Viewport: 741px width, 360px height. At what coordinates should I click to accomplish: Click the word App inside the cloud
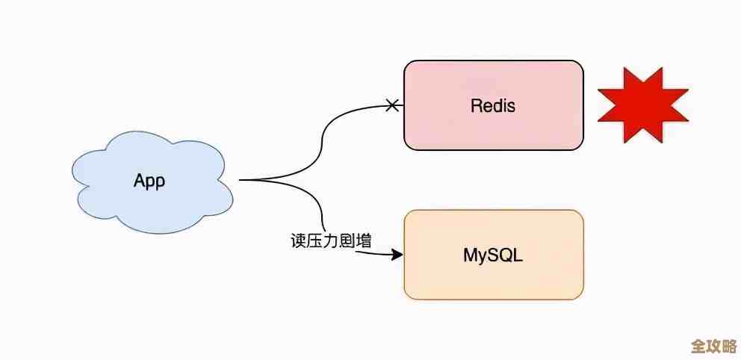coord(149,180)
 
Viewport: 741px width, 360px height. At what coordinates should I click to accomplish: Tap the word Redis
coord(493,105)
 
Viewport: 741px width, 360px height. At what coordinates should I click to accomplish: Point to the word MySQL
coord(493,255)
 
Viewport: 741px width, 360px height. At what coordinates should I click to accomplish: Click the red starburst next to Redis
coord(642,104)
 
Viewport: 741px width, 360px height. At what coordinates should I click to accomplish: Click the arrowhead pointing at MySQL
coord(397,255)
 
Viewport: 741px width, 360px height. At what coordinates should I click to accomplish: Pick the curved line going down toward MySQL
coord(317,202)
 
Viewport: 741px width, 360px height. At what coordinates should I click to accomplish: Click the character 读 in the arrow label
coord(299,241)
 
